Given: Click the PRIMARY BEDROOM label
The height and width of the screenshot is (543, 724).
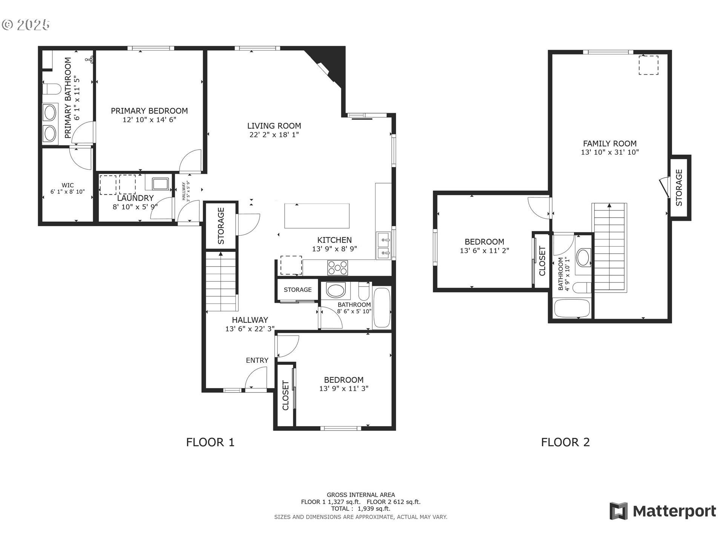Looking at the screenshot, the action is (149, 111).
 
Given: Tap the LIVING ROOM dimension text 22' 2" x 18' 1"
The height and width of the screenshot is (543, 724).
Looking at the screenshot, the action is (274, 135).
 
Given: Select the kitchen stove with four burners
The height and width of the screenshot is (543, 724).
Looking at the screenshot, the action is (337, 268).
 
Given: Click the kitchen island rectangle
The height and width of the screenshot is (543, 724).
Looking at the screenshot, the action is (317, 216).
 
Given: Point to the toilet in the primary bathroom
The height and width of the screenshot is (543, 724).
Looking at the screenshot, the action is (51, 89).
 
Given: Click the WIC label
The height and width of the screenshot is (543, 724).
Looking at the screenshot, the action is (68, 185).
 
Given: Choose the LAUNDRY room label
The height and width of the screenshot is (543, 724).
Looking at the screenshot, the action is (135, 198).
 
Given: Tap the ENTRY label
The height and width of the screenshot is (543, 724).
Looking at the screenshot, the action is (257, 360).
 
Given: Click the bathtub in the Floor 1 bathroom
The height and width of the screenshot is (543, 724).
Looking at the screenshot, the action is (382, 308).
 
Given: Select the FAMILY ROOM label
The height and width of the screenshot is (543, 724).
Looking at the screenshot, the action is (610, 144).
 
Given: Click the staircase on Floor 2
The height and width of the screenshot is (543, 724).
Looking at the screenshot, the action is (609, 247).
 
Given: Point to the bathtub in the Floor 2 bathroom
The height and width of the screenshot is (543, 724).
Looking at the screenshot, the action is (572, 308).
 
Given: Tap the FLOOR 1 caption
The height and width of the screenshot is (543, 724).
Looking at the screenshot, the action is (210, 442).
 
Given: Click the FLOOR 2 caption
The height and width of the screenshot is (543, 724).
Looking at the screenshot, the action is (565, 442).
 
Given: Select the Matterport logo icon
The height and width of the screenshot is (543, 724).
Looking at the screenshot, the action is (619, 511).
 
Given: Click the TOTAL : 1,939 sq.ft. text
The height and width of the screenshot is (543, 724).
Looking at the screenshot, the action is (361, 509).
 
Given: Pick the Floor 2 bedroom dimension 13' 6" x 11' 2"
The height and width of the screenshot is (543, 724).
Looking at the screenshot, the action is (485, 250).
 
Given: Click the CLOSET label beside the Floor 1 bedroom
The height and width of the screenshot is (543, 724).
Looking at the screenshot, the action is (285, 396).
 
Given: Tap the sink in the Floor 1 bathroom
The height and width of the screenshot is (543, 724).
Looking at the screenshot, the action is (335, 291).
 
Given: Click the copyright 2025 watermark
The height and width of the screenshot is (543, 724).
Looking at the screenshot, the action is (26, 25).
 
